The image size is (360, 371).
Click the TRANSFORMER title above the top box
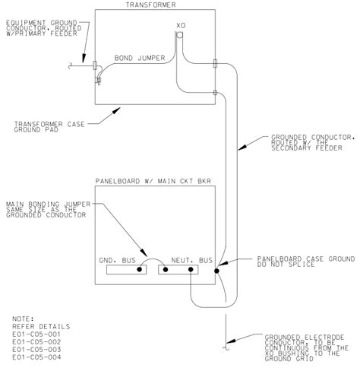(x=157, y=5)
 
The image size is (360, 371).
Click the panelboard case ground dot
(x=217, y=269)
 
